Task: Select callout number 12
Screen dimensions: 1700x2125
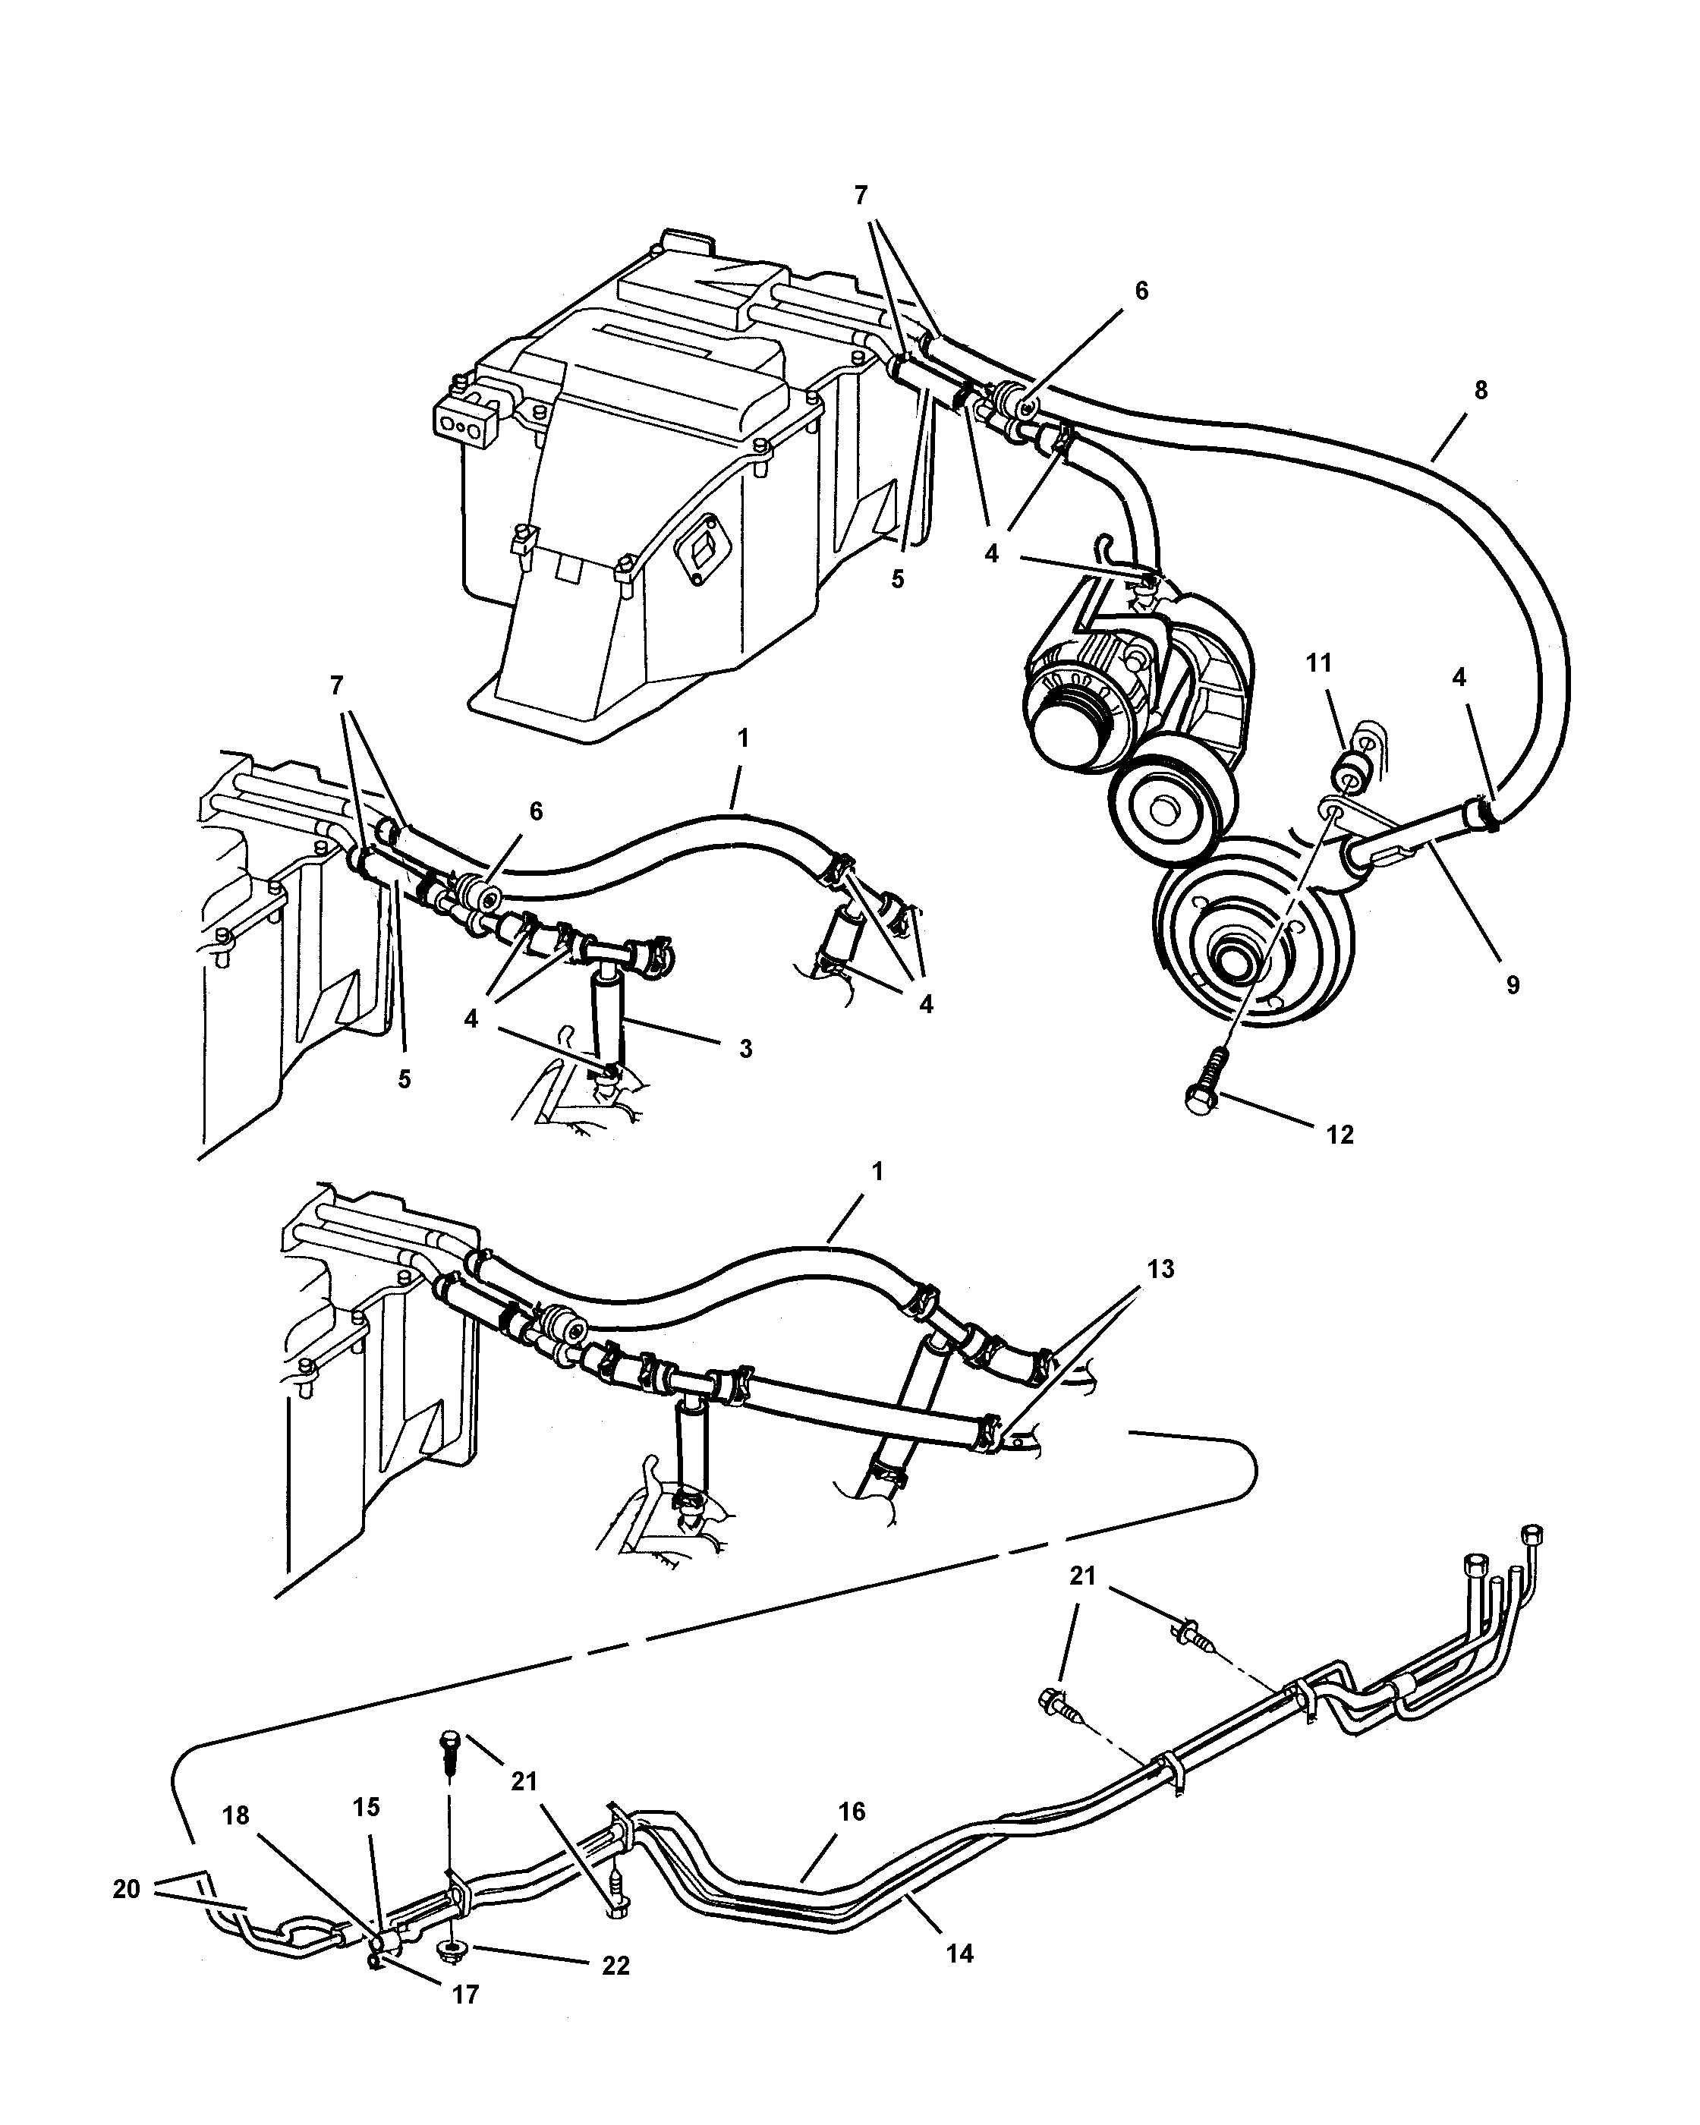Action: point(1340,1135)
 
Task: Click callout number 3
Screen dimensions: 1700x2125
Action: point(746,1049)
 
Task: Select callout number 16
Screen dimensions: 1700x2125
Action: point(852,1811)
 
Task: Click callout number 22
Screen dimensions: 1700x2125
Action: point(616,1985)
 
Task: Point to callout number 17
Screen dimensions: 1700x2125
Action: point(465,2022)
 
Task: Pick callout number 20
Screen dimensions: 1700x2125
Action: point(126,1888)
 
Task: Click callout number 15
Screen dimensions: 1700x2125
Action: point(366,1807)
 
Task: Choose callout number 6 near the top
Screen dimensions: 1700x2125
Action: point(1141,291)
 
